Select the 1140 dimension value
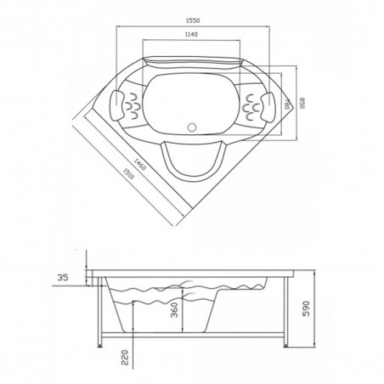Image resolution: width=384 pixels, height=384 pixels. coord(193,34)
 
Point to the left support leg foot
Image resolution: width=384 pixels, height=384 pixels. coord(104,345)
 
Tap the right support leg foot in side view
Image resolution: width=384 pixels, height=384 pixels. coord(283,345)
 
